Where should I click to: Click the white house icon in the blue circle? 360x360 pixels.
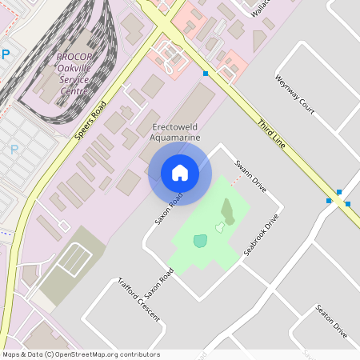[x=180, y=173]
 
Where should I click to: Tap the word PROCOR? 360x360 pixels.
[x=75, y=57]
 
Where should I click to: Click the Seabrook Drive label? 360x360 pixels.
[x=261, y=235]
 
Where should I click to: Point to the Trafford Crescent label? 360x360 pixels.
[x=138, y=301]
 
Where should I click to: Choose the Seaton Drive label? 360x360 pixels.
[x=330, y=321]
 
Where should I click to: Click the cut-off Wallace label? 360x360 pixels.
[x=257, y=10]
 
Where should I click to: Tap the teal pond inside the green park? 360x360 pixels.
[x=199, y=240]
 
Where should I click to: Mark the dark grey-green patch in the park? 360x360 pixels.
[x=227, y=210]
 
